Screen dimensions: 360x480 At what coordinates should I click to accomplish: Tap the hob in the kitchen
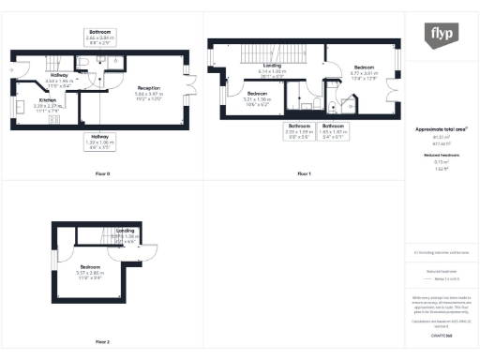[x=53, y=120]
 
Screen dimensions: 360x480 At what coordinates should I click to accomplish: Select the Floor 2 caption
[x=102, y=341]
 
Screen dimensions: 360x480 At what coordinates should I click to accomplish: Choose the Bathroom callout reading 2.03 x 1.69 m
[x=299, y=129]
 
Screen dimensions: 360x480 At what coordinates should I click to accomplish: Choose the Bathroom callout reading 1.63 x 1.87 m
[x=333, y=129]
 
